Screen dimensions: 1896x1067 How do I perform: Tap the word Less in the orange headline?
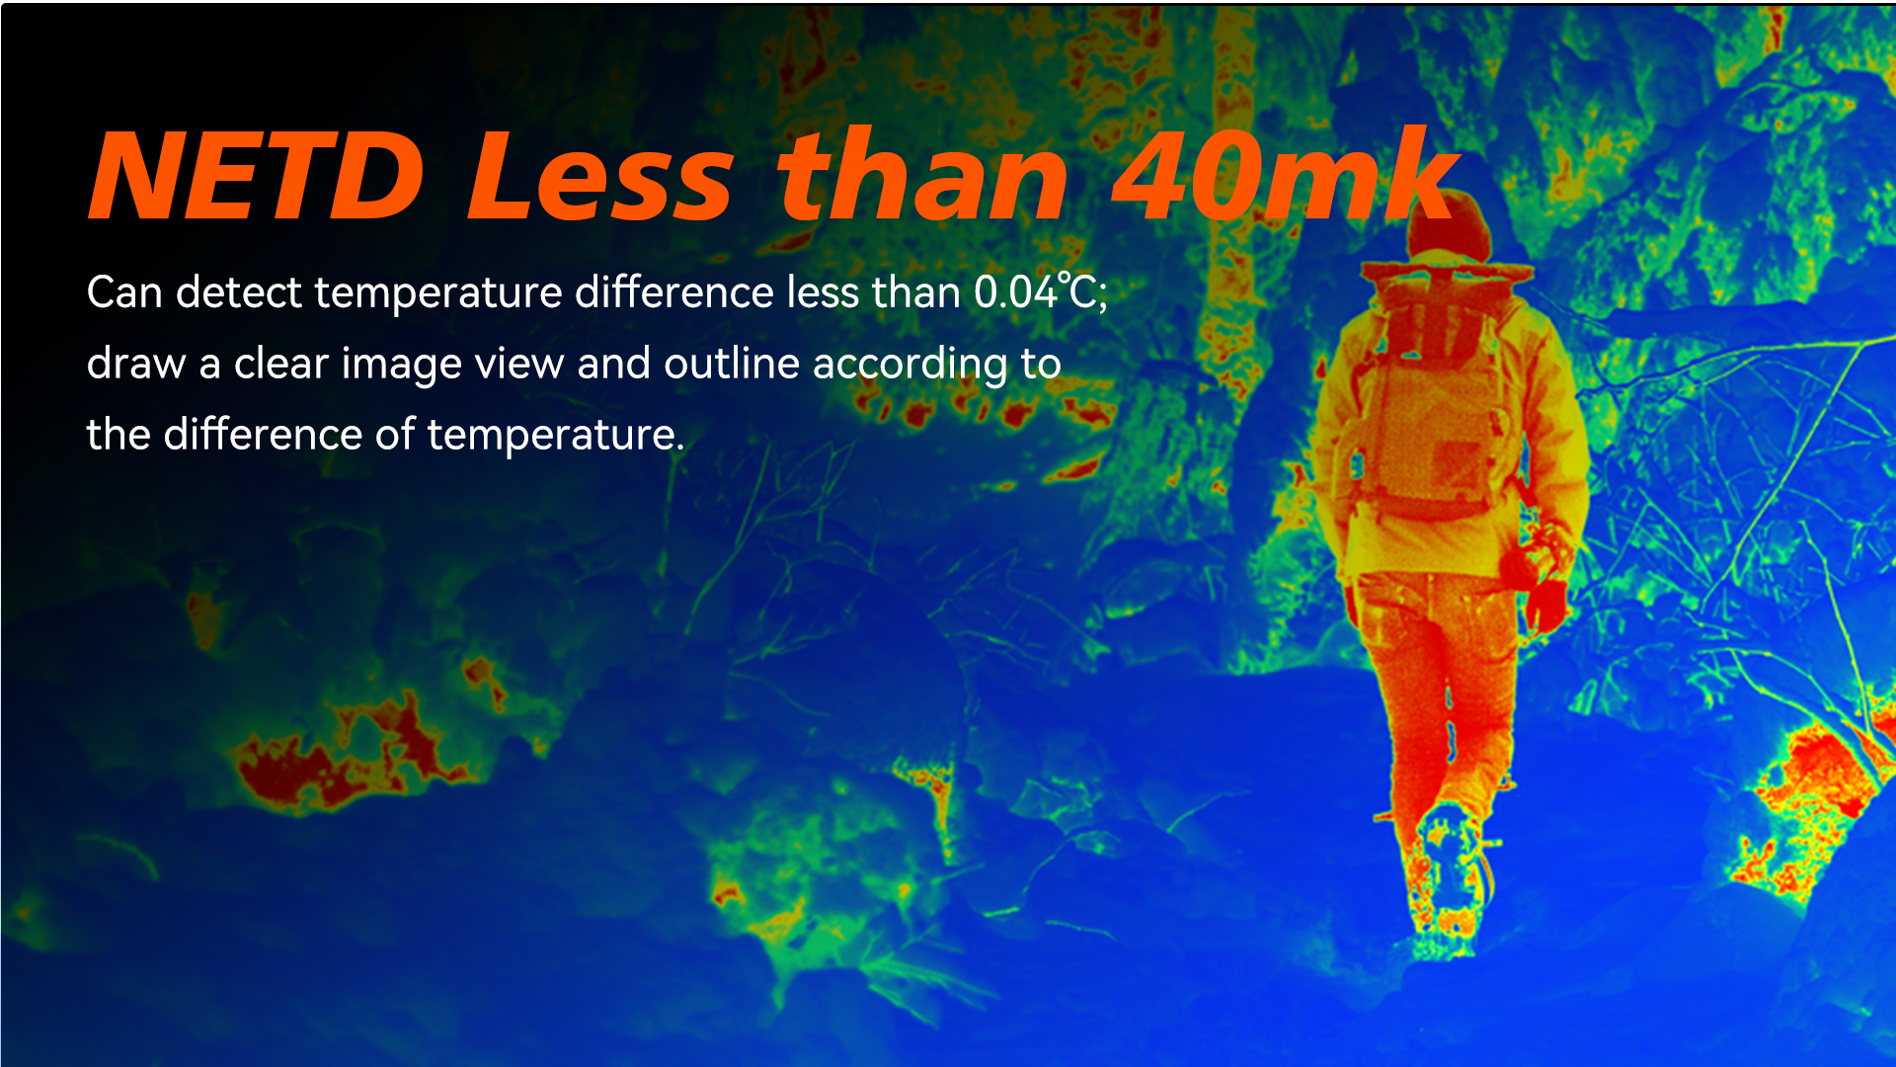(x=600, y=177)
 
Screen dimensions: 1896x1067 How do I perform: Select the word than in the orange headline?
(x=922, y=177)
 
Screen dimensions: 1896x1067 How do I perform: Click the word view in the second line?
(x=519, y=364)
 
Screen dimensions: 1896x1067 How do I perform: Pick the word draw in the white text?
(x=136, y=364)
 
